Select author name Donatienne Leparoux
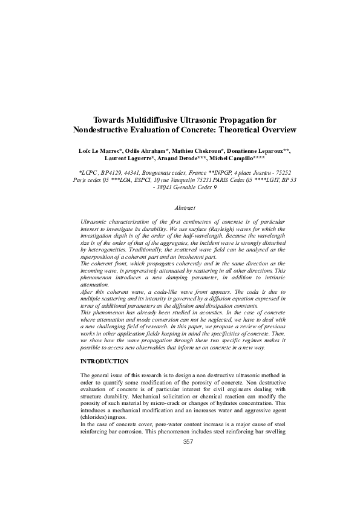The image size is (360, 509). click(258, 149)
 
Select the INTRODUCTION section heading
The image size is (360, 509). click(104, 361)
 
